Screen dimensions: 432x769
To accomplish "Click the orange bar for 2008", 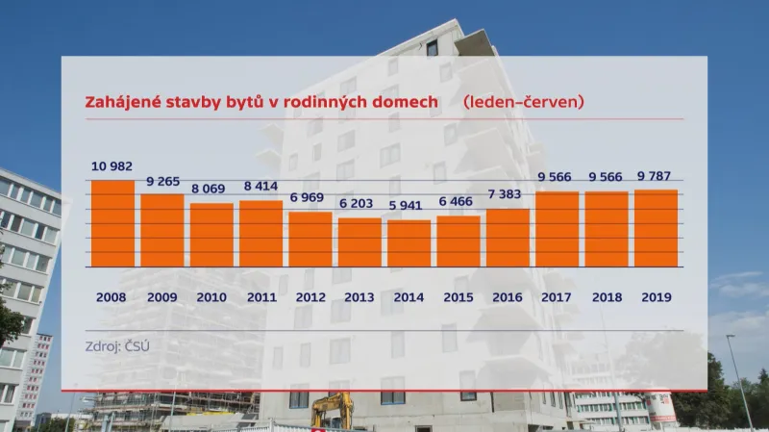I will coord(112,223).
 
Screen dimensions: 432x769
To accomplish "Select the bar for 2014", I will coord(409,243).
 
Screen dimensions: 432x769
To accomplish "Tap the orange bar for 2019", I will coord(657,228).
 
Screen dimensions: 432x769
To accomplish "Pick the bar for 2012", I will coord(310,239).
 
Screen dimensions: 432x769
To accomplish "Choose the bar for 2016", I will coord(509,238).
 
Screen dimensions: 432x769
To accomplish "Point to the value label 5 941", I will coord(409,205).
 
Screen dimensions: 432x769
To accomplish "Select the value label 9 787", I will coord(657,176).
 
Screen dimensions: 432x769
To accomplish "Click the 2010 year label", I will coord(211,297).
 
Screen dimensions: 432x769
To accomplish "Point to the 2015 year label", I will coord(459,297).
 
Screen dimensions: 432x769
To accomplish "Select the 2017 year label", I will coord(558,297).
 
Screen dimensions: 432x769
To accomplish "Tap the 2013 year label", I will coord(360,297).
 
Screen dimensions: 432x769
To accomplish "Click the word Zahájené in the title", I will coord(124,101).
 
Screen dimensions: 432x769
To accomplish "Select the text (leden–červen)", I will coord(524,101).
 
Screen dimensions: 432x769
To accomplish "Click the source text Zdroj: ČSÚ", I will coord(120,343).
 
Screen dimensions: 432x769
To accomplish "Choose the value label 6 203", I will coord(360,203).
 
